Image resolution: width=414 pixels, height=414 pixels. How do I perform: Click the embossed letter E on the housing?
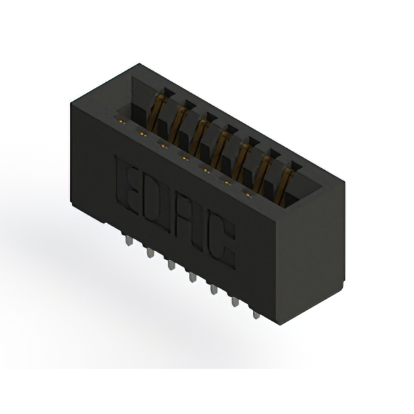127,185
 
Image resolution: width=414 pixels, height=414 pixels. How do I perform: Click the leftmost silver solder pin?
129,241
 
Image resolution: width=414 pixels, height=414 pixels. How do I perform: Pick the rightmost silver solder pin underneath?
256,315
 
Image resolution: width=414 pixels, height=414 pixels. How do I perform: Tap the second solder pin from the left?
150,253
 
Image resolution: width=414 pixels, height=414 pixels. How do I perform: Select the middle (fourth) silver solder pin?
193,278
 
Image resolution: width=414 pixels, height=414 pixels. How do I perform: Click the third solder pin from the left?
171,265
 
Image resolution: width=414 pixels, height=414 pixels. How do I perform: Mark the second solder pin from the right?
235,302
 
